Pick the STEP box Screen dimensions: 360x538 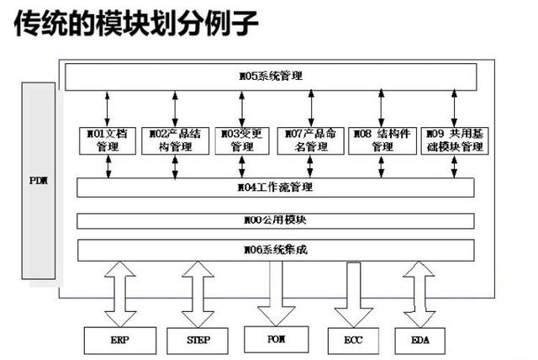click(198, 340)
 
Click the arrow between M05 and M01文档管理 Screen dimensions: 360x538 click(108, 109)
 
